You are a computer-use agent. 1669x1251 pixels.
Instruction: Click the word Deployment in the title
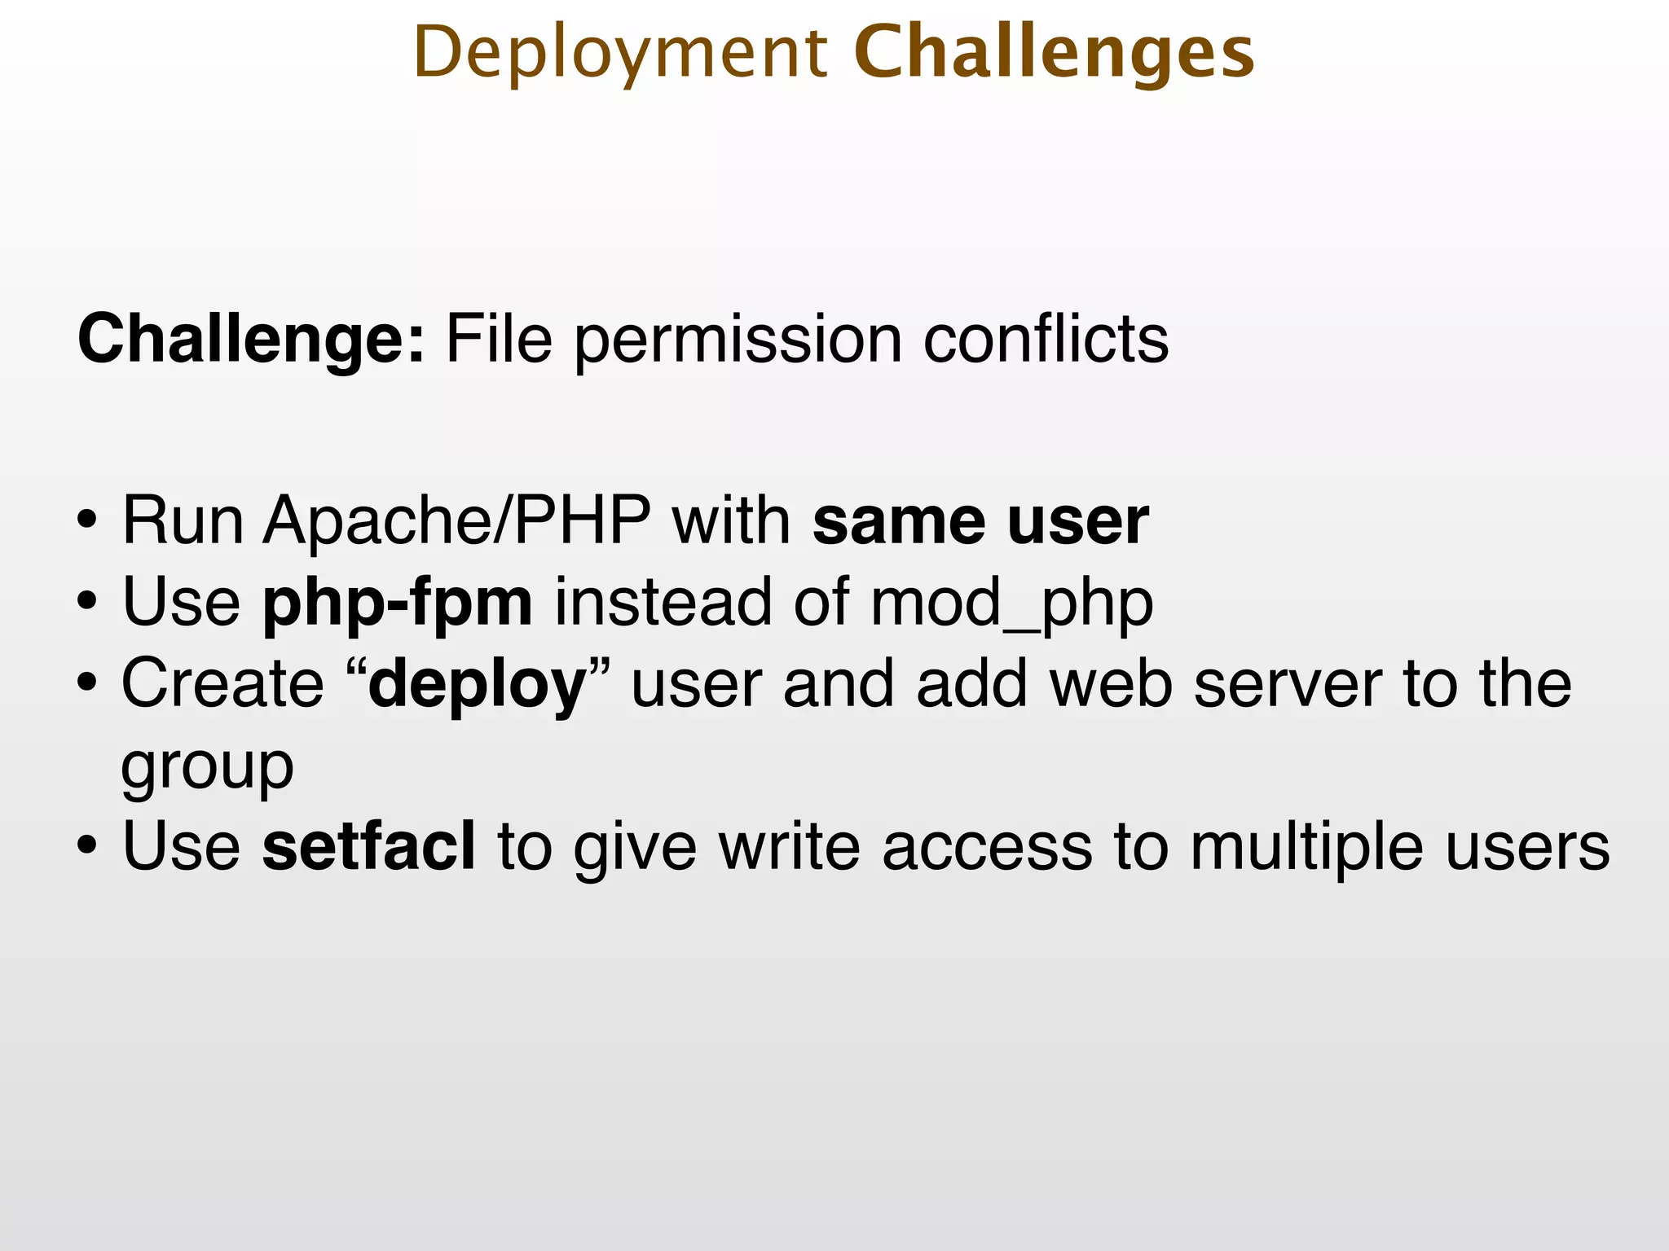pos(619,54)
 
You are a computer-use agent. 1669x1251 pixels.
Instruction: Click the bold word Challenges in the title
pos(1054,54)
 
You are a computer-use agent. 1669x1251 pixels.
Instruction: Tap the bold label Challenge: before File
pos(250,340)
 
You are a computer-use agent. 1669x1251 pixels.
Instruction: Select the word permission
pos(738,340)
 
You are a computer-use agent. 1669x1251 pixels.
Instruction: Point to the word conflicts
pos(1046,340)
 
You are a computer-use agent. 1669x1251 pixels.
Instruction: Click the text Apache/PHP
pos(456,521)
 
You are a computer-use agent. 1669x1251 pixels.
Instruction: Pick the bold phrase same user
pos(980,521)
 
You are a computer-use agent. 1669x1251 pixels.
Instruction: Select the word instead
pos(662,603)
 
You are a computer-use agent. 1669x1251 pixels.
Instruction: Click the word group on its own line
pos(207,767)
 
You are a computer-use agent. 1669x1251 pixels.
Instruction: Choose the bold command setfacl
pos(368,847)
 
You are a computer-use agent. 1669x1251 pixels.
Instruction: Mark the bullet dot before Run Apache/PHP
pos(87,521)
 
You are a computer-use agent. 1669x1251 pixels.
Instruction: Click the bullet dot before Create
pos(87,684)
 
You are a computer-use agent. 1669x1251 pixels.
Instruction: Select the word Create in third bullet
pos(222,684)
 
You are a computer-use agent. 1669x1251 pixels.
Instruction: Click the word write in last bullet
pos(788,847)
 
